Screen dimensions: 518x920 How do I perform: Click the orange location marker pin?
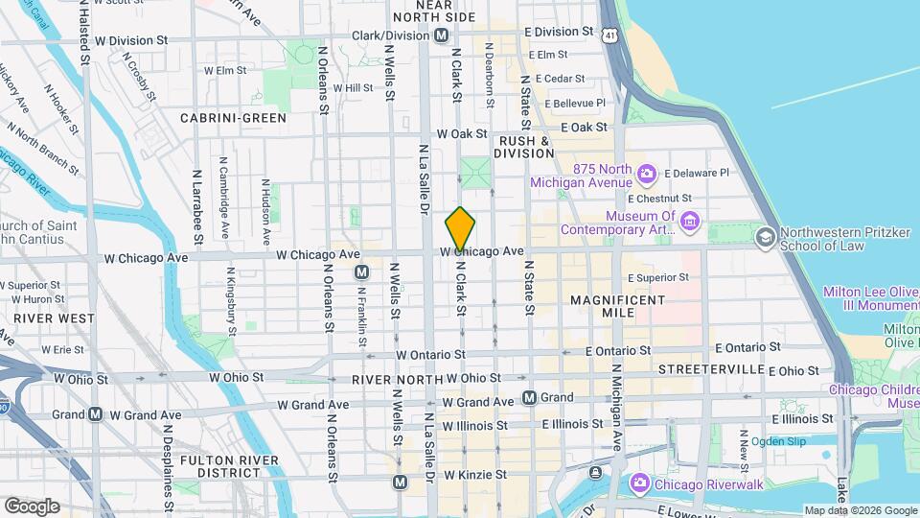(460, 229)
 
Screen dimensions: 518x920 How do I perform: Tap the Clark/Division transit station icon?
(441, 35)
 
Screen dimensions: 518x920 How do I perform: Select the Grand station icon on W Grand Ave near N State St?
(529, 397)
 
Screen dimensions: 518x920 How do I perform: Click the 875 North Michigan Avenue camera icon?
(647, 173)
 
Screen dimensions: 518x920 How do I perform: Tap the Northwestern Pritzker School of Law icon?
(766, 236)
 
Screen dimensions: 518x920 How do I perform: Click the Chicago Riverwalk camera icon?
(639, 485)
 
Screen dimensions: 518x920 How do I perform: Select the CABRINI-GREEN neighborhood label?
(233, 118)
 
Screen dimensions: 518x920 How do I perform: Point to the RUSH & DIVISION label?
(522, 147)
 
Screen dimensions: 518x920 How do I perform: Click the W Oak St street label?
(462, 134)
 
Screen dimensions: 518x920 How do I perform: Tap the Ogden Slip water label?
(778, 441)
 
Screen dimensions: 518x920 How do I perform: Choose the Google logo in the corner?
(32, 506)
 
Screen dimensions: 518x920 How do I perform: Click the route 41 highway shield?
(610, 35)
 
